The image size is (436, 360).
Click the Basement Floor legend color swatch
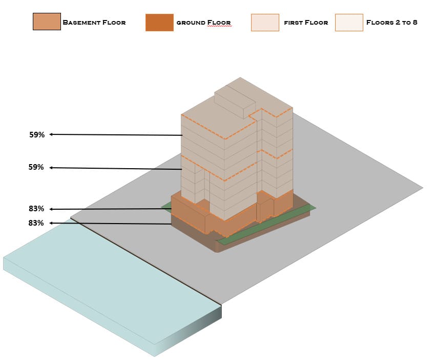[x=47, y=22]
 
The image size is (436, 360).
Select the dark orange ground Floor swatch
[x=159, y=23]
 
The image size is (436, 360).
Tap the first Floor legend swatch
[x=265, y=23]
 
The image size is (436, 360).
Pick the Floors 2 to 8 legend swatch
[x=349, y=23]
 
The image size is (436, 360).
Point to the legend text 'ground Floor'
[x=203, y=23]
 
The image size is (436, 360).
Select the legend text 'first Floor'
[x=306, y=23]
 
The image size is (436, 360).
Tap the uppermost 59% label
[x=37, y=135]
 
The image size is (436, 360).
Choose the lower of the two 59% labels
[x=37, y=167]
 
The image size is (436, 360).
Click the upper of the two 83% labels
[x=36, y=209]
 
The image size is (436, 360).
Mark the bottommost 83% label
[x=36, y=223]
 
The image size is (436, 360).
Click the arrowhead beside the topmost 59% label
[x=52, y=134]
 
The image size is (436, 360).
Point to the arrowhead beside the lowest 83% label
[x=52, y=223]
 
